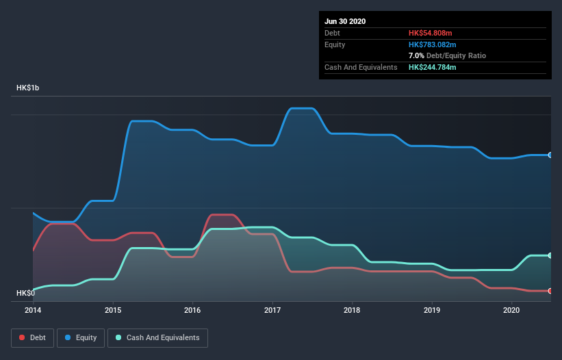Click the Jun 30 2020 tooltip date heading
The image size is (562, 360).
click(345, 21)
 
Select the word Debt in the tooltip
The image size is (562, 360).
click(332, 33)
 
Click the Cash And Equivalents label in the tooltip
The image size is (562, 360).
click(361, 67)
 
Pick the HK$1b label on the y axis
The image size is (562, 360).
click(29, 88)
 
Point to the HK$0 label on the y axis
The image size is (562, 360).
click(25, 294)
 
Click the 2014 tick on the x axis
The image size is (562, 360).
click(33, 310)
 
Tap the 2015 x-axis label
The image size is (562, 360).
click(113, 310)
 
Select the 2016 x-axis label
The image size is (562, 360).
click(192, 310)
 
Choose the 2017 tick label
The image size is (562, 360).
click(272, 310)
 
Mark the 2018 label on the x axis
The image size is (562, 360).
click(352, 310)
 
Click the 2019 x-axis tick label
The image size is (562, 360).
click(432, 310)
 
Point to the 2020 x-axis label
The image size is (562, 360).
click(511, 310)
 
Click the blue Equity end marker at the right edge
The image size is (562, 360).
click(550, 155)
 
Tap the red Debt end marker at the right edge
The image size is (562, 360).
click(550, 291)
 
